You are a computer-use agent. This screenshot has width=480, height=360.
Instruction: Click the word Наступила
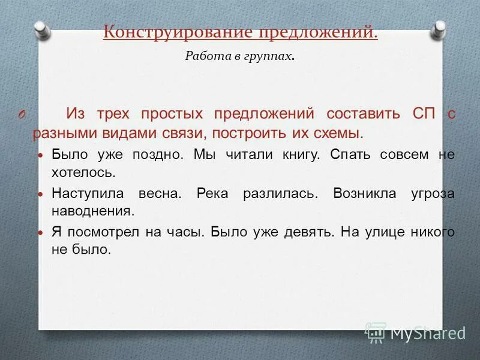(87, 194)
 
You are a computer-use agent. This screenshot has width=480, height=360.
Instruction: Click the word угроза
(433, 194)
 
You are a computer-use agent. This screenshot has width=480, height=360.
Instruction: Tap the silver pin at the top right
(440, 28)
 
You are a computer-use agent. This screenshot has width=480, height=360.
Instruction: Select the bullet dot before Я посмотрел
(41, 233)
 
